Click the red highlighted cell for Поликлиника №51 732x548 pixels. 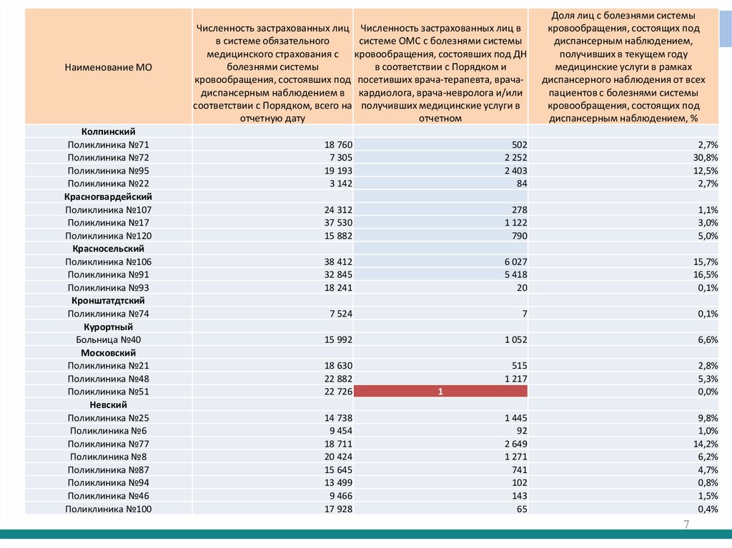pyautogui.click(x=440, y=392)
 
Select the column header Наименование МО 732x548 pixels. pyautogui.click(x=108, y=68)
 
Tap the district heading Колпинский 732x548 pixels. pyautogui.click(x=108, y=131)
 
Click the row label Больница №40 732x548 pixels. pyautogui.click(x=108, y=339)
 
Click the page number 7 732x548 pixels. pyautogui.click(x=686, y=525)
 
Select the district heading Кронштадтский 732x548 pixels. pyautogui.click(x=108, y=301)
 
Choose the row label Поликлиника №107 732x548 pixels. pyautogui.click(x=108, y=209)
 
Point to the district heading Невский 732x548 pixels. pyautogui.click(x=108, y=404)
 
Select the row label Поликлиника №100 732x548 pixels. pyautogui.click(x=108, y=509)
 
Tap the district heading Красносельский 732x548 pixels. pyautogui.click(x=108, y=249)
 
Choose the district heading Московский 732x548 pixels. pyautogui.click(x=108, y=353)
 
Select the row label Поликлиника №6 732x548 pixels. pyautogui.click(x=108, y=431)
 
